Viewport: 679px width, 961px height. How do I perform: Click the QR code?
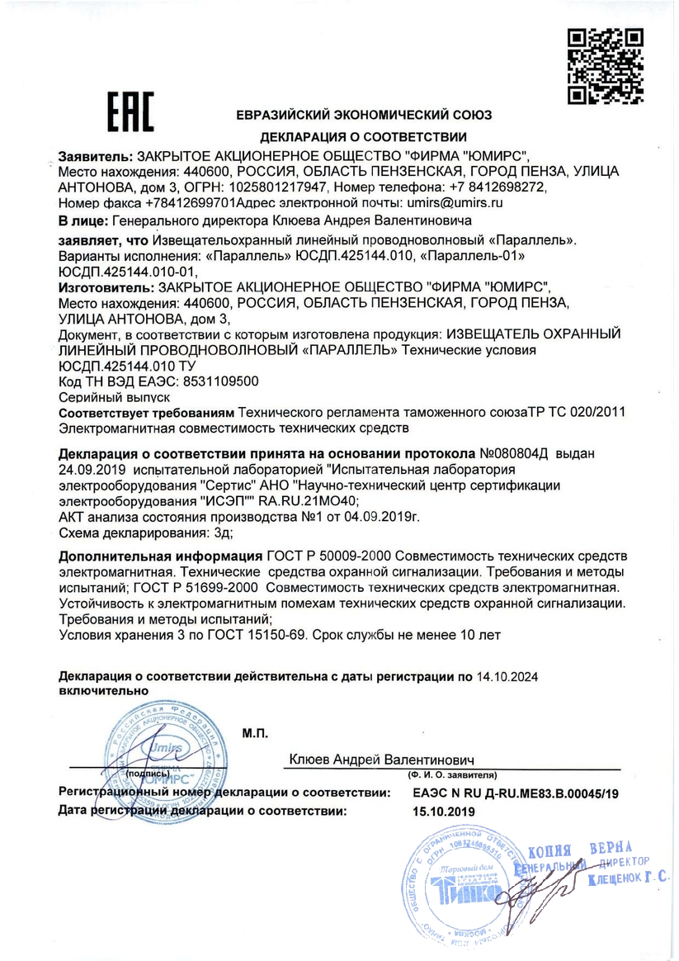(x=606, y=66)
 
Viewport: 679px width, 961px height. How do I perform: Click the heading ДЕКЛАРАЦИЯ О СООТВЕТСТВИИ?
(x=364, y=137)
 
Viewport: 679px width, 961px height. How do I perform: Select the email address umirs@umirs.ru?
(x=453, y=201)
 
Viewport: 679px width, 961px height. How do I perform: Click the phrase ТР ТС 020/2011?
(x=587, y=412)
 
